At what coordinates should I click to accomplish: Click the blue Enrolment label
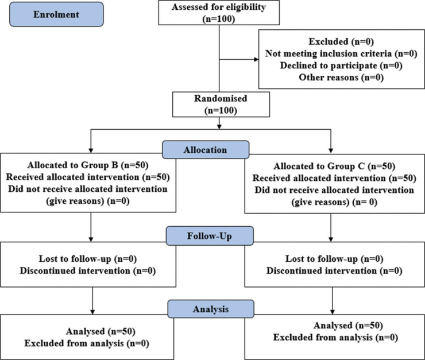point(56,14)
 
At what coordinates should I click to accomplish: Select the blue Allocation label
point(206,150)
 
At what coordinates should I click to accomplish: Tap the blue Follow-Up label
point(210,236)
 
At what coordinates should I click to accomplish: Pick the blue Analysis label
point(211,309)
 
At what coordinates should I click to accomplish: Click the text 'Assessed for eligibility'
point(219,7)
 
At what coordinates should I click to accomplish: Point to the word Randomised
point(221,98)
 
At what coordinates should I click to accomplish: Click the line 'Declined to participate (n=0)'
point(341,65)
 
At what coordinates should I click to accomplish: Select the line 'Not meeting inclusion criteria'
point(329,53)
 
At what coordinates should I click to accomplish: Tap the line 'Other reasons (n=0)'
point(341,78)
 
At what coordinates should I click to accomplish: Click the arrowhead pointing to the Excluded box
point(256,59)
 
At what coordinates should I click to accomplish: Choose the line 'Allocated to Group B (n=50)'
point(88,165)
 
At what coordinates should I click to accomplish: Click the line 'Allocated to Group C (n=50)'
point(334,166)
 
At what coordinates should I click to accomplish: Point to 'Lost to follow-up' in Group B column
point(75,259)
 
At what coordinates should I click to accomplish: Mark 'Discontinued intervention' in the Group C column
point(322,270)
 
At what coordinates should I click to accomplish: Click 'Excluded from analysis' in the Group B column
point(74,343)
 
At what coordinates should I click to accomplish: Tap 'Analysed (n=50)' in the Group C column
point(348,326)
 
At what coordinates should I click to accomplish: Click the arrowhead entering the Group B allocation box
point(91,150)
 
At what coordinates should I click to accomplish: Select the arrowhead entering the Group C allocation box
point(331,150)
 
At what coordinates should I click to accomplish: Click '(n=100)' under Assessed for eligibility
point(219,19)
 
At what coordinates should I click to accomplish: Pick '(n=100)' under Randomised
point(221,110)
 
